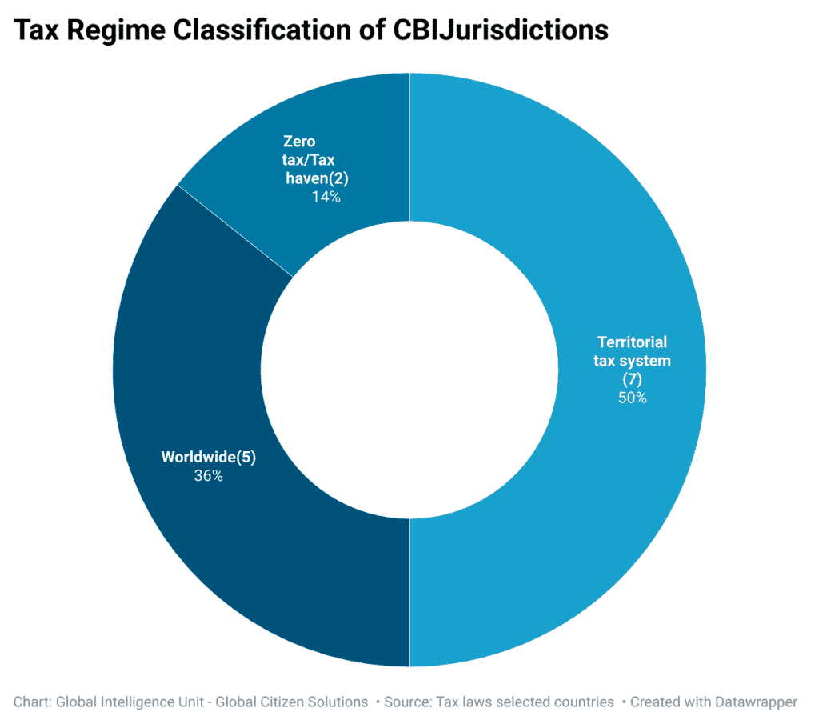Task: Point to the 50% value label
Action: pos(632,398)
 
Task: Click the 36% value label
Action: pos(208,476)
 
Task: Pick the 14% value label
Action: pos(326,197)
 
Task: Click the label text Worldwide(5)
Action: pos(208,458)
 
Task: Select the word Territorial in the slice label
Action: pos(632,342)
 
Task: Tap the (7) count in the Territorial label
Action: pos(632,379)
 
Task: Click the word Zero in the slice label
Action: pos(299,142)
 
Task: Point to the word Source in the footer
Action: pos(408,702)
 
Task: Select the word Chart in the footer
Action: pos(32,702)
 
